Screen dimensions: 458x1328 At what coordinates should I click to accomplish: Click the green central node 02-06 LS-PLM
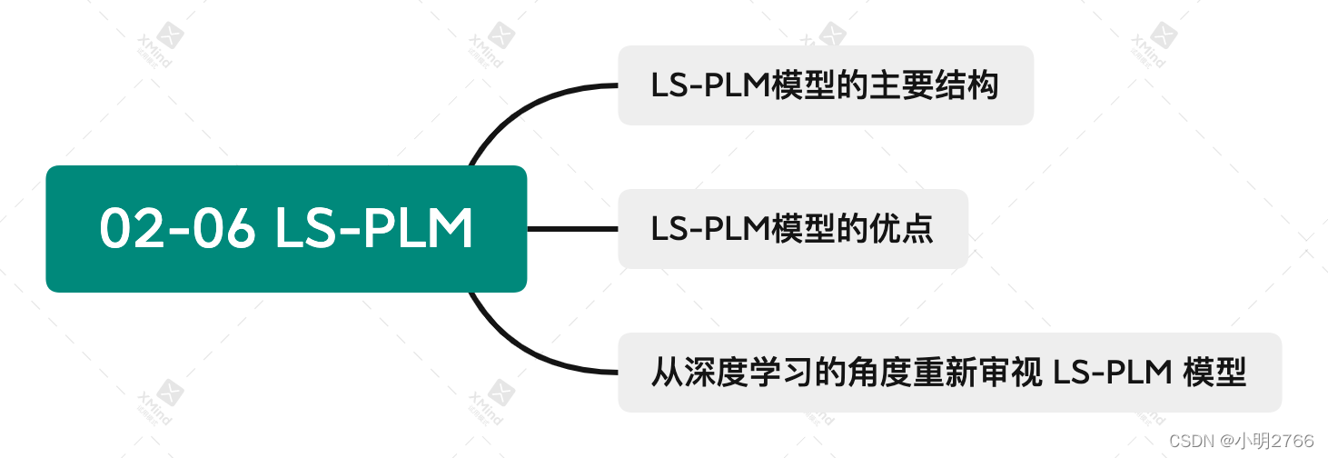[x=286, y=228]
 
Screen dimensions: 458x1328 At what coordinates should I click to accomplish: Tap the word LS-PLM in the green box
[x=373, y=229]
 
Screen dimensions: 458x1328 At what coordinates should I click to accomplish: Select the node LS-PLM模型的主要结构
[x=825, y=85]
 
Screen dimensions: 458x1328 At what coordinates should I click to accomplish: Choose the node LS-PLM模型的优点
[x=792, y=229]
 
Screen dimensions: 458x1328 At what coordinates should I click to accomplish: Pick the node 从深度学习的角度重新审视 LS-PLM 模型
[x=949, y=373]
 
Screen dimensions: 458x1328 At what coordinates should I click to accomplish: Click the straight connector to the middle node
[x=572, y=229]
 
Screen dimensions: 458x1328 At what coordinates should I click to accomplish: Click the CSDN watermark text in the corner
[x=1193, y=441]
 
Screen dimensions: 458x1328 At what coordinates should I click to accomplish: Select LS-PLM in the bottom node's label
[x=1111, y=373]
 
